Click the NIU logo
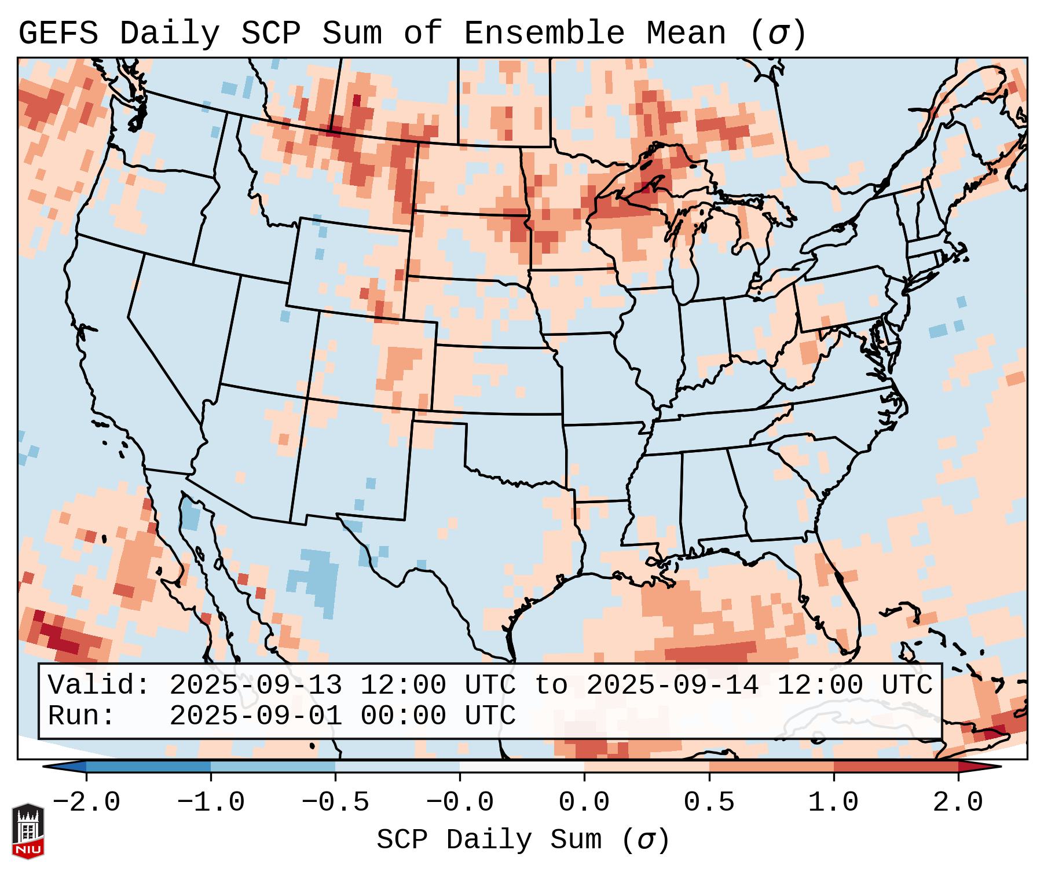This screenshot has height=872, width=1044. [28, 831]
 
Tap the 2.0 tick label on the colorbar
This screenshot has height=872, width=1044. [958, 803]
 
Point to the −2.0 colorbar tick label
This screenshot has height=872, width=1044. [86, 803]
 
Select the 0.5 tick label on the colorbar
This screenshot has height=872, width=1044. [709, 803]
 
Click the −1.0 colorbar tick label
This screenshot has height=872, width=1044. [211, 803]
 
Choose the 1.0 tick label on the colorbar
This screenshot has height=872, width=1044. [833, 803]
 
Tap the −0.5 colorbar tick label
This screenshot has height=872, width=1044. [335, 803]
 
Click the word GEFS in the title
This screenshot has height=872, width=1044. [58, 34]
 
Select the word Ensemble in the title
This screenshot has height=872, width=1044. [544, 34]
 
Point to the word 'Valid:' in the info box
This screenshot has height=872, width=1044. [99, 686]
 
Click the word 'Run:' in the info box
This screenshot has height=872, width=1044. [82, 716]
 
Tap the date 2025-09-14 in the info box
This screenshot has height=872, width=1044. [672, 686]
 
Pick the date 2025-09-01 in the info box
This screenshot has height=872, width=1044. [255, 716]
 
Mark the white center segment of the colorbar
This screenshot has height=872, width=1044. [522, 767]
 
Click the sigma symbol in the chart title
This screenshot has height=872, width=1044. [778, 34]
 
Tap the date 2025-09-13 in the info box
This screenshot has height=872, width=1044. [255, 686]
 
